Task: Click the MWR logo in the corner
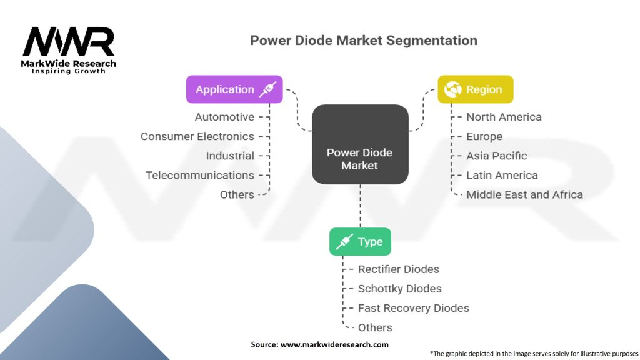pos(69,50)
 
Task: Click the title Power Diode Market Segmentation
pos(364,41)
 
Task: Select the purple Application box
pos(234,89)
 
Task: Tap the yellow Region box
pos(476,89)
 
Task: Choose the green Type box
pos(360,242)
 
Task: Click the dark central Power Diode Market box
pos(360,144)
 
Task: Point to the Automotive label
pos(224,117)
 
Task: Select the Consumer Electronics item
pos(197,136)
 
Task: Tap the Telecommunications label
pos(200,176)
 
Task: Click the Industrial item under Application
pos(230,156)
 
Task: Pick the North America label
pos(504,117)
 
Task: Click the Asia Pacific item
pos(497,156)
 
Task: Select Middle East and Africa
pos(524,195)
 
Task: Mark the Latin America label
pos(502,176)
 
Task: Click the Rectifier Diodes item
pos(398,269)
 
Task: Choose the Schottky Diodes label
pos(399,289)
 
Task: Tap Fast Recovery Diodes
pos(414,308)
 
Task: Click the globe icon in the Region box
pos(452,89)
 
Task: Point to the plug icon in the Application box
pos(267,89)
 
